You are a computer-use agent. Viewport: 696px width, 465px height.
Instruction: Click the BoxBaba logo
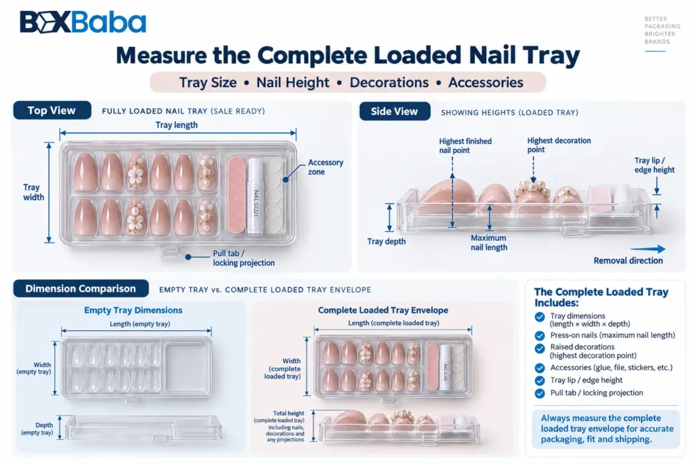pos(82,22)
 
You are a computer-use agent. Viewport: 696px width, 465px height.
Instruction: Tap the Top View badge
pos(52,111)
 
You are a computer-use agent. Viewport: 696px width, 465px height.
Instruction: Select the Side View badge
pos(395,111)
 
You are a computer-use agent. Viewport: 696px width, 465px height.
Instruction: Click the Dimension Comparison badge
pos(81,289)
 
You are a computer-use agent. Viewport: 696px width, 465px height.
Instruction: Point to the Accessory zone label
pos(326,167)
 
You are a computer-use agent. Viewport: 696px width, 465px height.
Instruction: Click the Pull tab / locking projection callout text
pos(243,258)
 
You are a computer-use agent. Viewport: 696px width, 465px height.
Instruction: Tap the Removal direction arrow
pos(648,249)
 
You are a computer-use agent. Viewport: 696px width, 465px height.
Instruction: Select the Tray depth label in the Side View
pos(386,241)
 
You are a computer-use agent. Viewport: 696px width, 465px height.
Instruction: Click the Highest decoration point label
pos(559,145)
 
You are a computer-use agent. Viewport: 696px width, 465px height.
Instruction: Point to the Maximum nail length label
pos(489,243)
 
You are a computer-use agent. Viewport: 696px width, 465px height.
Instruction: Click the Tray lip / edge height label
pos(655,165)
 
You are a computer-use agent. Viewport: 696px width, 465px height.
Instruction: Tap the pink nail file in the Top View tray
pos(237,195)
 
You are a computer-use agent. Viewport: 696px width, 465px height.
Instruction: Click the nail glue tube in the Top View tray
pos(256,196)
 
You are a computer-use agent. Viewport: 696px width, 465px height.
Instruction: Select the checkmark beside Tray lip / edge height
pos(540,381)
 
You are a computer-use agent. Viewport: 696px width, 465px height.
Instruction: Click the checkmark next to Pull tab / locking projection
pos(540,394)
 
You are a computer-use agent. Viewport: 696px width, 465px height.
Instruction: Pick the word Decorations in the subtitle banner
pos(389,83)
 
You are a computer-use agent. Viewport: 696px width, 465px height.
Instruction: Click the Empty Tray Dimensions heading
pos(133,311)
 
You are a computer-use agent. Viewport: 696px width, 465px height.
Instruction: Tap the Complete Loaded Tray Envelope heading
pos(383,311)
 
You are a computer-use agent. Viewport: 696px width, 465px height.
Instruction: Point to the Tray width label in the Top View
pos(33,192)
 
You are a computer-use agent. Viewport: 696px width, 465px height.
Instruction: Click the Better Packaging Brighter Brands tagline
pos(662,30)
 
